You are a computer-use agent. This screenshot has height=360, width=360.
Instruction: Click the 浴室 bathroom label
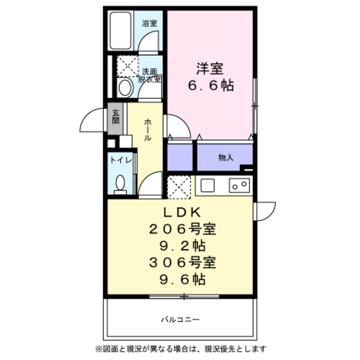pyautogui.click(x=150, y=23)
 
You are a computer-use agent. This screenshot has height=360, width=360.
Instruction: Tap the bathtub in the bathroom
pyautogui.click(x=120, y=30)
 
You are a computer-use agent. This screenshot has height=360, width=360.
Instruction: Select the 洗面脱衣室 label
pyautogui.click(x=150, y=75)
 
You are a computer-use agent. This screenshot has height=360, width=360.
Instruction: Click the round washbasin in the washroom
pyautogui.click(x=125, y=88)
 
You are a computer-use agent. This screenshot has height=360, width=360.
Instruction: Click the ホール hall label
pyautogui.click(x=147, y=130)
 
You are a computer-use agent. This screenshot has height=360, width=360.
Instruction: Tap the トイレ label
pyautogui.click(x=121, y=160)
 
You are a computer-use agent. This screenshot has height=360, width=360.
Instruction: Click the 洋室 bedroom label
pyautogui.click(x=210, y=69)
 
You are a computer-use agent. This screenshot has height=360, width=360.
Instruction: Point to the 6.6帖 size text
pyautogui.click(x=211, y=85)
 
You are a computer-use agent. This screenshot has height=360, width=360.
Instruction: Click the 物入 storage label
pyautogui.click(x=226, y=157)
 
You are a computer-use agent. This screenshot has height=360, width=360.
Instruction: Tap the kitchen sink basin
pyautogui.click(x=208, y=186)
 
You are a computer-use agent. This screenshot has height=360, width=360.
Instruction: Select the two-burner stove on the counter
pyautogui.click(x=239, y=186)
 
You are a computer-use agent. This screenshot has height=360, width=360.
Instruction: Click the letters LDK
pyautogui.click(x=182, y=213)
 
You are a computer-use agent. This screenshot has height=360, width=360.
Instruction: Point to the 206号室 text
pyautogui.click(x=182, y=229)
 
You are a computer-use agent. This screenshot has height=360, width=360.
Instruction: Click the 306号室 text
pyautogui.click(x=182, y=263)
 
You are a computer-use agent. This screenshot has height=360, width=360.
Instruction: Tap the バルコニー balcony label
pyautogui.click(x=180, y=319)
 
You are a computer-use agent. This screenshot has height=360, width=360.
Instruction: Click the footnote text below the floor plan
pyautogui.click(x=181, y=349)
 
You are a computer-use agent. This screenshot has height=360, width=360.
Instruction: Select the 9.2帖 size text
pyautogui.click(x=182, y=246)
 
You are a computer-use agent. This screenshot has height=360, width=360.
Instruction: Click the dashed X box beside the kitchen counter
pyautogui.click(x=179, y=187)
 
